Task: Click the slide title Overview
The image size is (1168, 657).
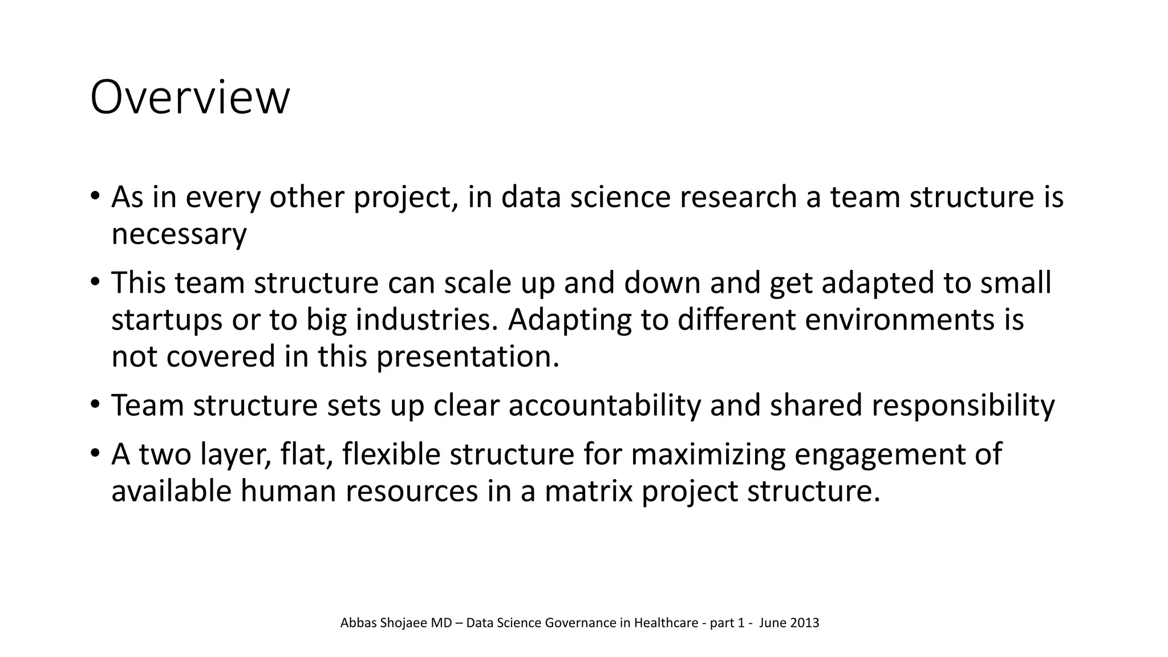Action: click(190, 98)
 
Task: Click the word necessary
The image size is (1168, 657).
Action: click(179, 234)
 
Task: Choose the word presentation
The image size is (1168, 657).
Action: click(467, 356)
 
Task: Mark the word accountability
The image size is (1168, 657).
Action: click(604, 405)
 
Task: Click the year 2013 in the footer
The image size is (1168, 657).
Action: click(805, 623)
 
